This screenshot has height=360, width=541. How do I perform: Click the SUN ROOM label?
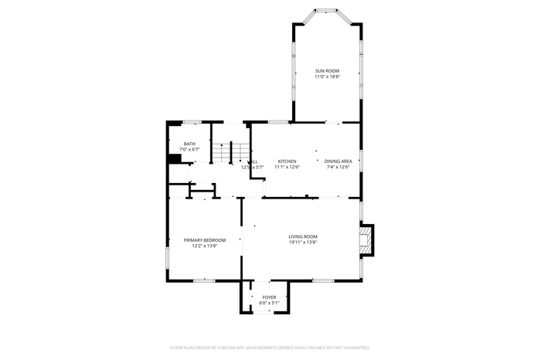tap(327, 71)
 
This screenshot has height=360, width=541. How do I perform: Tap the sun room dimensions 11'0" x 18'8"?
tap(327, 77)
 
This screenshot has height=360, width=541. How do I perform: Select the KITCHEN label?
tap(287, 161)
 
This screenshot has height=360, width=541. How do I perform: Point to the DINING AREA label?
tap(338, 161)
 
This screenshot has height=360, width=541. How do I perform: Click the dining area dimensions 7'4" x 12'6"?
tap(338, 167)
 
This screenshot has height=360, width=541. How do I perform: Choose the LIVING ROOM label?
tap(303, 236)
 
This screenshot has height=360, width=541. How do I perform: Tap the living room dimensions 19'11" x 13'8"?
tap(303, 243)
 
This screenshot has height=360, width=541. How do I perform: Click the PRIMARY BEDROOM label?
tap(204, 240)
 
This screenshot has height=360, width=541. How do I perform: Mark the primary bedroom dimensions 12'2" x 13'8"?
tap(204, 246)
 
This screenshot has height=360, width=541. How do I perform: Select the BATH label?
tap(189, 143)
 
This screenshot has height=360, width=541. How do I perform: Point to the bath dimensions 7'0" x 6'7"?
tap(189, 149)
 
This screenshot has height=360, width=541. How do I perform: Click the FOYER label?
tap(269, 297)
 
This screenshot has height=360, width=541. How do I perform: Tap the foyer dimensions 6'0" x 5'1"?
tap(269, 303)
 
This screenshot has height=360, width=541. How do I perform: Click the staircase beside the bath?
tap(223, 153)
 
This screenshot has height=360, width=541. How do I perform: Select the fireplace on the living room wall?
tap(367, 239)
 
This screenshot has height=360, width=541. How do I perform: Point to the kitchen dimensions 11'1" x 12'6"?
tap(287, 167)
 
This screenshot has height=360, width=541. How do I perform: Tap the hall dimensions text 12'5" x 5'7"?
tap(253, 167)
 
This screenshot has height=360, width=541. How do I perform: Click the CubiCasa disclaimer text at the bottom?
tap(270, 348)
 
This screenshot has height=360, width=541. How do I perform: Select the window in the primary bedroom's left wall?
tap(168, 257)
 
